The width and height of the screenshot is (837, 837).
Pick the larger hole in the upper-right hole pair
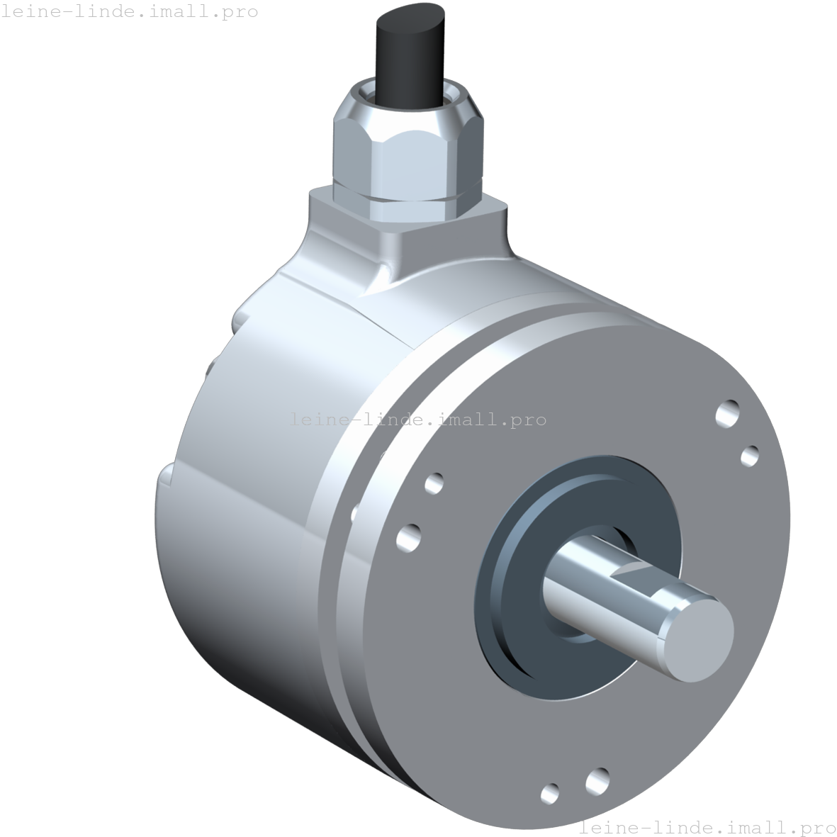click(x=728, y=412)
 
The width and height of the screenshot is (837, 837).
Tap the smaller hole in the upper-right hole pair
click(x=750, y=456)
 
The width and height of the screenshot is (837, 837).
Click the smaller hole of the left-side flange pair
click(x=434, y=483)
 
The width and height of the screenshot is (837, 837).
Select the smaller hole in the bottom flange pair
click(x=549, y=793)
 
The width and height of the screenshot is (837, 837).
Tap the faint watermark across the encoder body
click(x=418, y=420)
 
